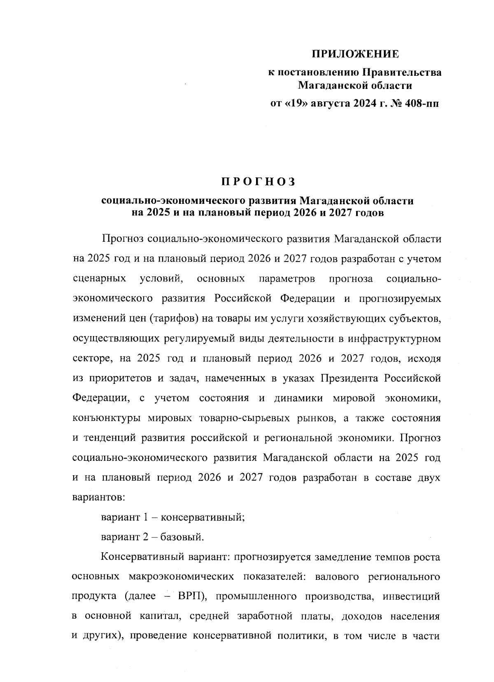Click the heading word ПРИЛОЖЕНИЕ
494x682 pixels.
[x=355, y=54]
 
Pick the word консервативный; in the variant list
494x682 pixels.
[x=203, y=518]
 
